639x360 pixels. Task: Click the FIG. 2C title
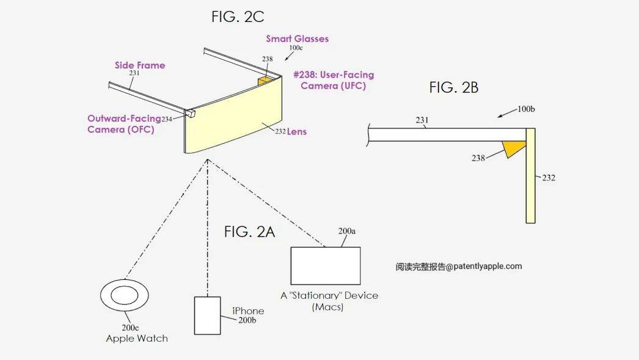[238, 17]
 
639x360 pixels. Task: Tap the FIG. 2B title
[453, 87]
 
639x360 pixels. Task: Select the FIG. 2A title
[249, 232]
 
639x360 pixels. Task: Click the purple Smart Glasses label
[297, 39]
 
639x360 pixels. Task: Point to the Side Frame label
[140, 65]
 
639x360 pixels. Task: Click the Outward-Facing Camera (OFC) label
[123, 124]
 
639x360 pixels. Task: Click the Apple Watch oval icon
[125, 294]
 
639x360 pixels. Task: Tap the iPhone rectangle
[207, 315]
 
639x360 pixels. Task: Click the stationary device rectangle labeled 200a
[325, 266]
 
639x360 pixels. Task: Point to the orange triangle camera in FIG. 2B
[513, 149]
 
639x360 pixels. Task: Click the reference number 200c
[129, 328]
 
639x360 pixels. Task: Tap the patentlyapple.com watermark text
[458, 266]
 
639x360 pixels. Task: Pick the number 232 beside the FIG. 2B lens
[548, 178]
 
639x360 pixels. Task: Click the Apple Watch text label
[137, 339]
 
